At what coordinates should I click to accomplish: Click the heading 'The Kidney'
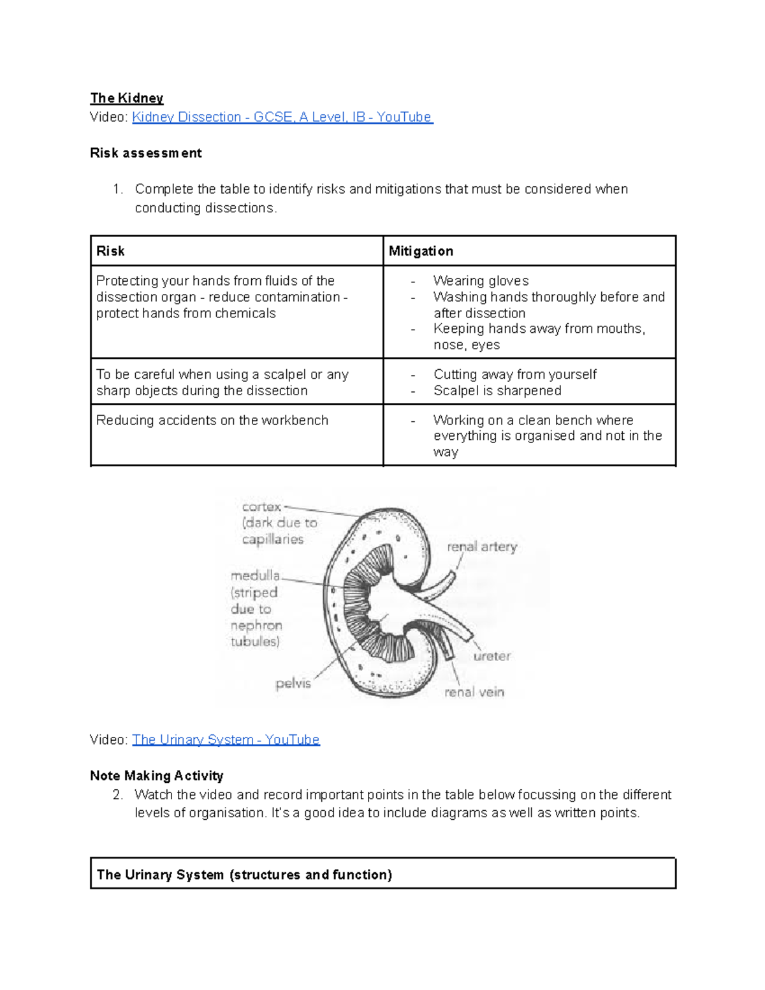click(127, 98)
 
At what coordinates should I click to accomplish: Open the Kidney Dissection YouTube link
click(282, 117)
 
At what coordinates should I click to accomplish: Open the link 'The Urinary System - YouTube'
click(226, 739)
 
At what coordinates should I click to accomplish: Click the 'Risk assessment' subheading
click(146, 153)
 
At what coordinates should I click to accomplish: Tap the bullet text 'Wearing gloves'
click(481, 281)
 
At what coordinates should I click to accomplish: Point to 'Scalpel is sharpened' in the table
click(497, 391)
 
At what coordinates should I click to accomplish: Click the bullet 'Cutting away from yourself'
click(515, 374)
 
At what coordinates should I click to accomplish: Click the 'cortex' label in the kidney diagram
click(261, 507)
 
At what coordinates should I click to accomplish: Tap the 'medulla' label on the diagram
click(255, 576)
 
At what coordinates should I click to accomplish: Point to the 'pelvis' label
click(293, 684)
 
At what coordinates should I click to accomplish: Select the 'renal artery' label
click(482, 547)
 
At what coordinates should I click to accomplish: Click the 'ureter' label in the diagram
click(492, 656)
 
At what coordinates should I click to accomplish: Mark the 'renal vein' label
click(474, 692)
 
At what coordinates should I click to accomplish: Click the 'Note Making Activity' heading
click(157, 776)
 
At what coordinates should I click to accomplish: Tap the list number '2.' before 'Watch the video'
click(117, 795)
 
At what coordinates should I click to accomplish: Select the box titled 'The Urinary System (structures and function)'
click(382, 874)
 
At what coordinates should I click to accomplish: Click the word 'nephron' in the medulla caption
click(256, 625)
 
